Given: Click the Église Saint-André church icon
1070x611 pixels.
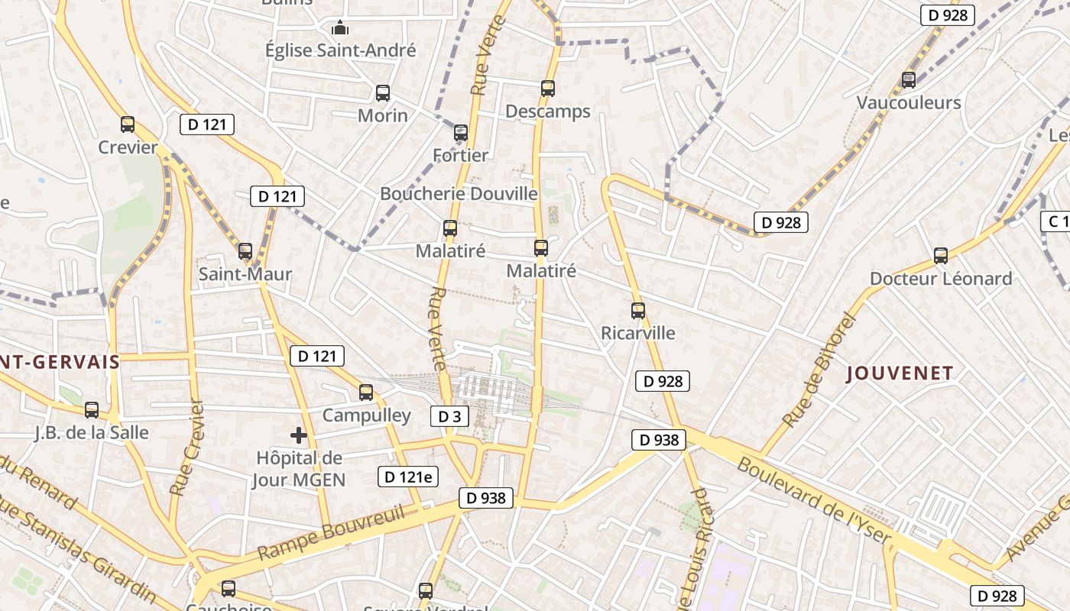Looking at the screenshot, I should (x=340, y=29).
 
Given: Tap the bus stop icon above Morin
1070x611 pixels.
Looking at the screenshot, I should (x=383, y=93).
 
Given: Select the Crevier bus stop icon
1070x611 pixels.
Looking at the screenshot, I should (x=128, y=124).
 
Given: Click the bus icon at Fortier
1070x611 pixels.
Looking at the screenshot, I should (x=461, y=133).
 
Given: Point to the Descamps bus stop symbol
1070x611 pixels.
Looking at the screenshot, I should (x=548, y=89).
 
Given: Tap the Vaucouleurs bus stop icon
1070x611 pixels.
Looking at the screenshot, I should (x=909, y=79).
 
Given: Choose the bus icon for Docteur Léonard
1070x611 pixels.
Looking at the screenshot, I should (x=941, y=256).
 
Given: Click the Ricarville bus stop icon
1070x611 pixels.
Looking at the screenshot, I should (x=638, y=311).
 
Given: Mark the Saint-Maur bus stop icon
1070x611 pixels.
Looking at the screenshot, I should (x=245, y=251).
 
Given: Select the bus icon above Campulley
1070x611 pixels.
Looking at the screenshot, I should (x=366, y=393).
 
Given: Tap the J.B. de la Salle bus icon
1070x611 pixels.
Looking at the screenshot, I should (x=92, y=410).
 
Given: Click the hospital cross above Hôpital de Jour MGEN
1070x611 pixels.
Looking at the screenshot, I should (x=299, y=435).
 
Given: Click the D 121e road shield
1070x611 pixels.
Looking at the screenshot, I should (x=408, y=477).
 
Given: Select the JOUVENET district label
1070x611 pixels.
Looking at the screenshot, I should (x=900, y=373).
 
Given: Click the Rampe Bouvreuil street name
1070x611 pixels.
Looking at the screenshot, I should (x=330, y=533).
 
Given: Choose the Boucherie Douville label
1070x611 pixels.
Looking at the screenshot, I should (x=459, y=194).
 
